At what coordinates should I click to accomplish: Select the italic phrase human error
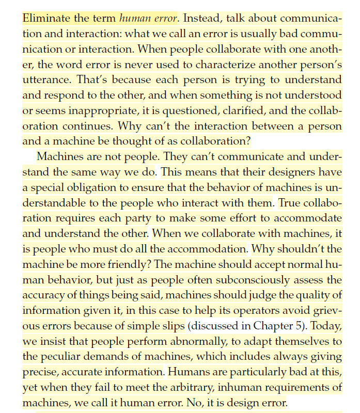149,19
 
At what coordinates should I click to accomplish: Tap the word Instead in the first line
204,19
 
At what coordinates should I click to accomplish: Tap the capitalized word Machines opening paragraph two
60,156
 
